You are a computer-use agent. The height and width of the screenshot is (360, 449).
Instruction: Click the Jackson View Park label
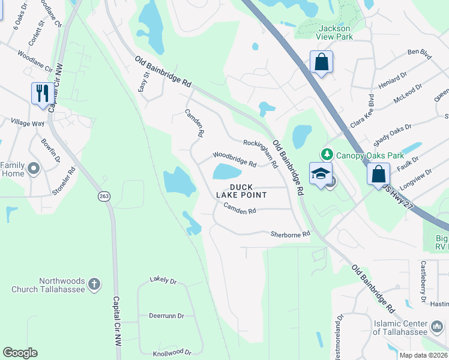coord(335,32)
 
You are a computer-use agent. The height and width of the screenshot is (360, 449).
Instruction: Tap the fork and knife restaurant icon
coord(41,93)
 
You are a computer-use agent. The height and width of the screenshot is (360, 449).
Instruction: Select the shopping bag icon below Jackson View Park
coord(321,62)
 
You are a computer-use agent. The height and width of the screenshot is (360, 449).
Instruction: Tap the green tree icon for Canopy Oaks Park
coord(327,154)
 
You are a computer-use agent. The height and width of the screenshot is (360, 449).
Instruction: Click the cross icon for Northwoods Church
coord(94,283)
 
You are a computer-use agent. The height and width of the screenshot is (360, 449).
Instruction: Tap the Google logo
coord(20,353)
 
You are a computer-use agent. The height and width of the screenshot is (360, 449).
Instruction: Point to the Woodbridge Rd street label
coord(235,160)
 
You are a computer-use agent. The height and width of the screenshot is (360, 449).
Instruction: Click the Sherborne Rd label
coord(290,234)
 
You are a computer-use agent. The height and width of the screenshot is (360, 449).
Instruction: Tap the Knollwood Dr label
coord(172,353)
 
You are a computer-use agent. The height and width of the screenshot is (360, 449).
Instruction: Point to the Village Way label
coord(28,122)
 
